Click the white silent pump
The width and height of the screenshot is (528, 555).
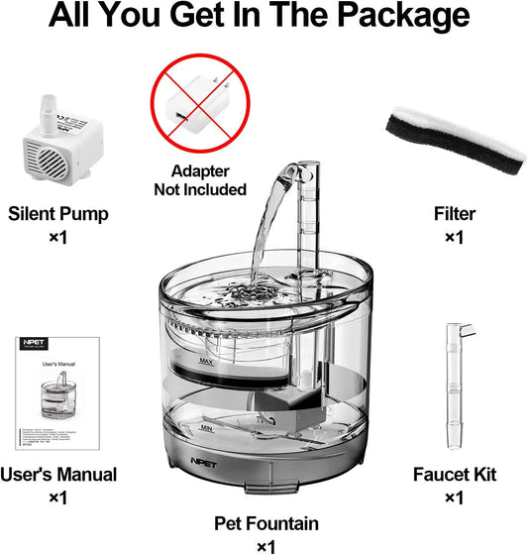tap(57, 144)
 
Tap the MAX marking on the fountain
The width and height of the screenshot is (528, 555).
tap(208, 361)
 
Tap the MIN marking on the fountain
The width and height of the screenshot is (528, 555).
tap(208, 428)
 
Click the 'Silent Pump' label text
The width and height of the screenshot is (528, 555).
tap(57, 213)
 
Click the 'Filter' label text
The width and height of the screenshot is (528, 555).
tap(455, 213)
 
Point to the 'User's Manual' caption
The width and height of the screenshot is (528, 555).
tap(58, 475)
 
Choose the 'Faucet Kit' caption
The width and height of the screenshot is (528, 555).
tap(455, 475)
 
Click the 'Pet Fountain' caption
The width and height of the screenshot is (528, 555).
tap(264, 522)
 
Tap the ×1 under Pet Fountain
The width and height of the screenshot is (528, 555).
tap(265, 545)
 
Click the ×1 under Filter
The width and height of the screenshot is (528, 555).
tap(455, 237)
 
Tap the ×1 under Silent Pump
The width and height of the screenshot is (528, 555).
tap(57, 237)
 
